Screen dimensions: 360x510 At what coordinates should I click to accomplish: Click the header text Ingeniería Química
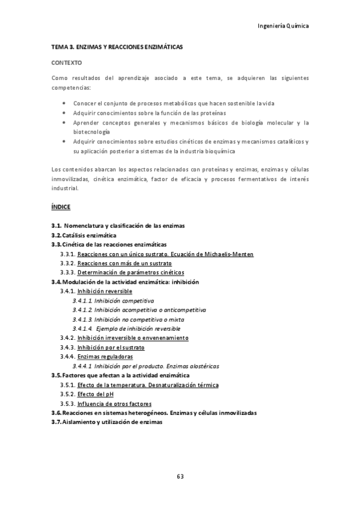282,26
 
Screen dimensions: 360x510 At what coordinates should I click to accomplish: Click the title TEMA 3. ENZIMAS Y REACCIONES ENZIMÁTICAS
117,46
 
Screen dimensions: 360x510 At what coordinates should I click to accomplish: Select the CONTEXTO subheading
67,62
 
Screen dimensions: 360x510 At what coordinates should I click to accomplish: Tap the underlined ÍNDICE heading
61,207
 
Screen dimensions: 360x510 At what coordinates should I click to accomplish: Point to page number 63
180,476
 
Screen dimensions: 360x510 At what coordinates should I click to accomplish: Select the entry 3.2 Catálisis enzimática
84,235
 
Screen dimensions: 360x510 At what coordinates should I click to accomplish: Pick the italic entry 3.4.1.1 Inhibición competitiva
114,300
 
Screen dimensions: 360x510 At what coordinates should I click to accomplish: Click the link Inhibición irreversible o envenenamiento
133,338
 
